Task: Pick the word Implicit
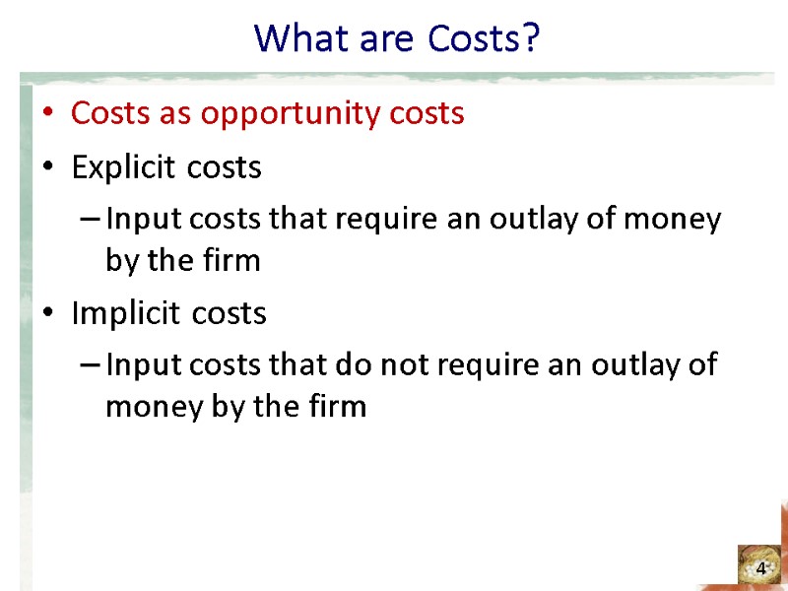pos(119,314)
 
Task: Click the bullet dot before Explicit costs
pos(47,168)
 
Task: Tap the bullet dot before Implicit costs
pos(47,314)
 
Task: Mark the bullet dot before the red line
pos(47,114)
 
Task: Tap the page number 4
pos(760,569)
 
